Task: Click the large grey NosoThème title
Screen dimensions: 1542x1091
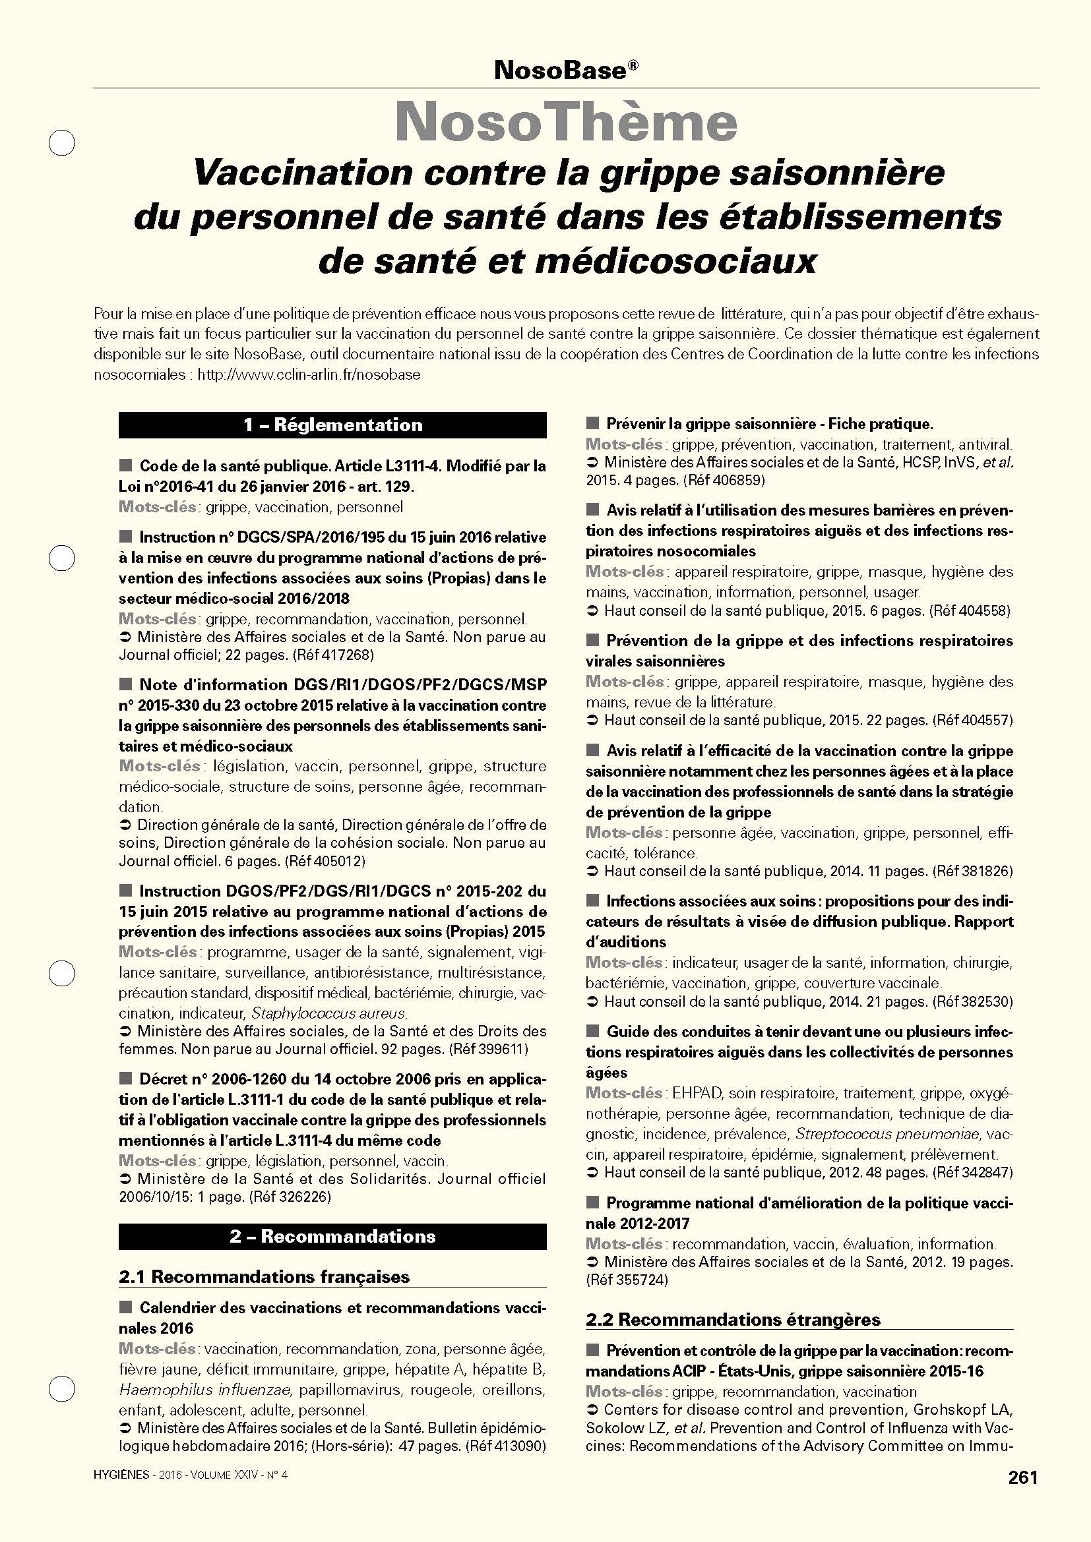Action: pos(566,122)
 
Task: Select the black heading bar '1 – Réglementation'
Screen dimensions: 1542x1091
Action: pos(332,425)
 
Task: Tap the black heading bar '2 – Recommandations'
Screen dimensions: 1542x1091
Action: pos(332,1236)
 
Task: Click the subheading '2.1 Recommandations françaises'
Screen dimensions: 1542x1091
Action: pos(264,1277)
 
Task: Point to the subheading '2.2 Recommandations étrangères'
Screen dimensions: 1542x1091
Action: pos(733,1320)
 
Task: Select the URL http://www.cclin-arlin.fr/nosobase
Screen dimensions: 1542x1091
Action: pos(308,374)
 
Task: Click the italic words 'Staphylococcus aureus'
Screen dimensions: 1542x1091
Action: pos(328,1013)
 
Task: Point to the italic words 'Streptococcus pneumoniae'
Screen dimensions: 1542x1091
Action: pos(887,1135)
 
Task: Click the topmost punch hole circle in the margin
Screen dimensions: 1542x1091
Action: pos(62,143)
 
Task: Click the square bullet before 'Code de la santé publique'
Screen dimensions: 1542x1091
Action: pos(125,465)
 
